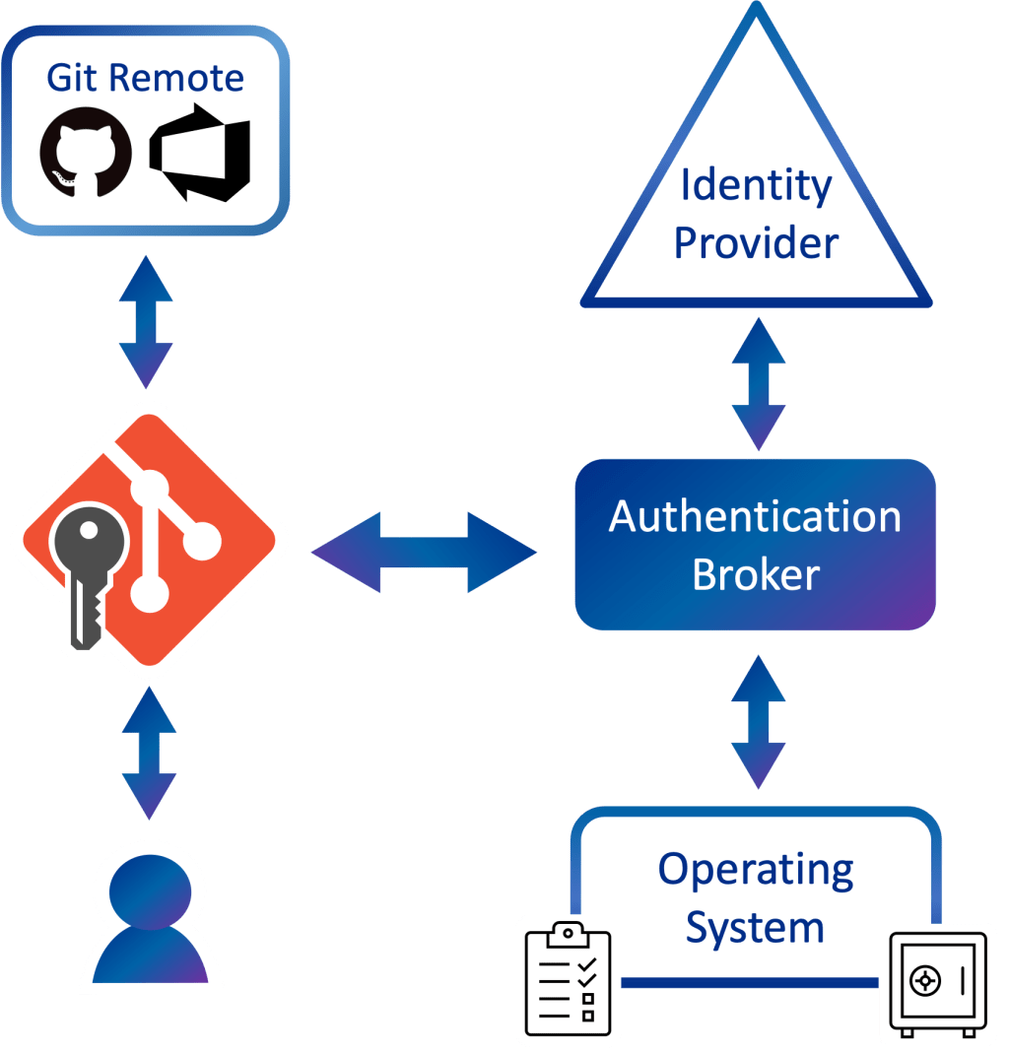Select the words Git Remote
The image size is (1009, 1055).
(x=145, y=77)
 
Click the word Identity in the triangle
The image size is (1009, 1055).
(x=757, y=185)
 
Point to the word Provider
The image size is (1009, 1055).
(x=757, y=241)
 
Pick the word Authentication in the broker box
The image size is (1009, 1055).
(x=755, y=517)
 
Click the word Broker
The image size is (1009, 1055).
(x=756, y=574)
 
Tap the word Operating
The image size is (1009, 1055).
(x=756, y=870)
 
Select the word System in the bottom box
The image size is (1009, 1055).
(x=755, y=927)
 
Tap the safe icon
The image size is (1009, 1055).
(x=937, y=981)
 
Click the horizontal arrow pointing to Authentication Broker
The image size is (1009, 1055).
(x=425, y=552)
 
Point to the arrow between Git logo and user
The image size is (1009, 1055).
(x=150, y=754)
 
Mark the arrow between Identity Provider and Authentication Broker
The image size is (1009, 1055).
(x=758, y=384)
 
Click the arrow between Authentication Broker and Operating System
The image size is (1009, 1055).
(x=758, y=722)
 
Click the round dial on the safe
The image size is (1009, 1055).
(x=925, y=980)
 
